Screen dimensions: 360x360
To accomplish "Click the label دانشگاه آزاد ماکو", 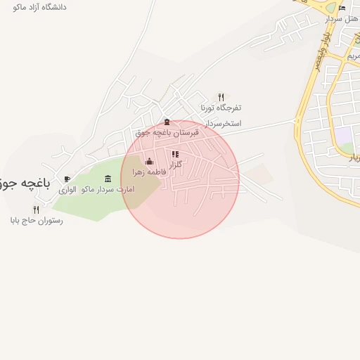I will pyautogui.click(x=39, y=6).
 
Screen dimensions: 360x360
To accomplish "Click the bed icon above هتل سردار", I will pyautogui.click(x=342, y=8).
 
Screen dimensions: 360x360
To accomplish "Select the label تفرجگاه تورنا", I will pyautogui.click(x=221, y=108).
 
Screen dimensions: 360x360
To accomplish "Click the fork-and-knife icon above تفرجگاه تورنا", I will pyautogui.click(x=221, y=97).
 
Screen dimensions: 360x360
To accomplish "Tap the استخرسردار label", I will pyautogui.click(x=221, y=123).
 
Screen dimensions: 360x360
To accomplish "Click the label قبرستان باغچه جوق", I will pyautogui.click(x=167, y=132).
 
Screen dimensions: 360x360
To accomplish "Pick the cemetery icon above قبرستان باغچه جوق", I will pyautogui.click(x=167, y=122).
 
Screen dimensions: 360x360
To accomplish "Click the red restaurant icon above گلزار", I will pyautogui.click(x=175, y=154).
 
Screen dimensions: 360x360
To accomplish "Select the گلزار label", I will pyautogui.click(x=176, y=164).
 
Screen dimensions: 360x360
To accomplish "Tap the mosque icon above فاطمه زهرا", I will pyautogui.click(x=149, y=162).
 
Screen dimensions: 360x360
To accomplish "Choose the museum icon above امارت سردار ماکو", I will pyautogui.click(x=108, y=179).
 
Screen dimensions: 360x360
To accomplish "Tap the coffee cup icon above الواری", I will pyautogui.click(x=67, y=179).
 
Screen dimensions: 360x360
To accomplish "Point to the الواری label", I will pyautogui.click(x=67, y=190).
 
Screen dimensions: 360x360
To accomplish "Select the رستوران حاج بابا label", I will pyautogui.click(x=37, y=220).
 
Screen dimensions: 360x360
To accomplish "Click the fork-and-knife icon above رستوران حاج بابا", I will pyautogui.click(x=37, y=210).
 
